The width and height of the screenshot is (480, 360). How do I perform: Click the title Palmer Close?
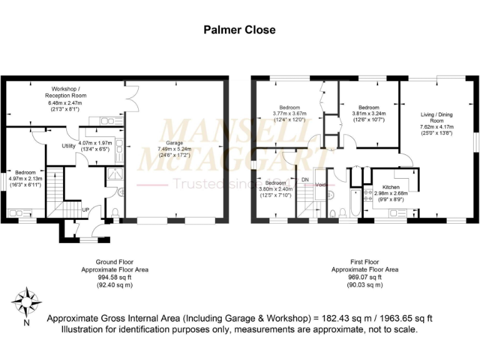(239, 30)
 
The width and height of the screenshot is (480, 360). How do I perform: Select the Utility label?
(69, 146)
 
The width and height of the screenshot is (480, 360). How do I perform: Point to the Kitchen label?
(386, 186)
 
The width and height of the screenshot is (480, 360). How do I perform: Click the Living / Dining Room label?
(436, 119)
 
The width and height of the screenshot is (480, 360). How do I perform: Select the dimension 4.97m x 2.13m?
(26, 178)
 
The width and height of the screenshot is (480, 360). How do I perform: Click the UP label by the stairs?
(85, 209)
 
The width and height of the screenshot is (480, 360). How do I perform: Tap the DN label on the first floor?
(305, 179)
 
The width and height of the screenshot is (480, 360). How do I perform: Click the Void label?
(321, 185)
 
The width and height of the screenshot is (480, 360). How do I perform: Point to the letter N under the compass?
(26, 324)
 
